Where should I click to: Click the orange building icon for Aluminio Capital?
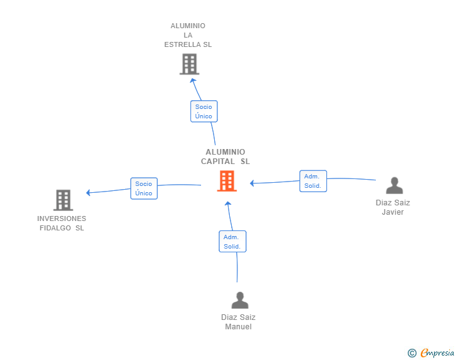(x=227, y=181)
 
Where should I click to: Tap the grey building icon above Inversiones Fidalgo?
(x=63, y=200)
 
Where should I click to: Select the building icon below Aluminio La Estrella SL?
(x=189, y=64)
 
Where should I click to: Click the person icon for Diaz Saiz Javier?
(x=395, y=185)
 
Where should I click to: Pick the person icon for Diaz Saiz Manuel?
(x=240, y=300)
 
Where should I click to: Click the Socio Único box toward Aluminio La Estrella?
(x=204, y=111)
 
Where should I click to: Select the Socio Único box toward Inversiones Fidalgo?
(x=144, y=188)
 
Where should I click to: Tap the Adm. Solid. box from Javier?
(x=313, y=181)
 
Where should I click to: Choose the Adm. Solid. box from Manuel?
(x=232, y=242)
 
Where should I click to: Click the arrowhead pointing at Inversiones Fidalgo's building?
(x=88, y=192)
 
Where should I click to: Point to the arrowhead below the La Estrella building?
(x=193, y=80)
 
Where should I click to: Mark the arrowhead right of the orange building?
(x=252, y=183)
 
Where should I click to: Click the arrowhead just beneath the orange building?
(x=228, y=203)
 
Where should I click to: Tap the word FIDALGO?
(x=55, y=228)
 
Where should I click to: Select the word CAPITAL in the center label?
(x=218, y=162)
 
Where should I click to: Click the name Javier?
(x=393, y=212)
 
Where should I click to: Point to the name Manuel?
(x=238, y=327)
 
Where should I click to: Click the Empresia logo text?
(x=437, y=353)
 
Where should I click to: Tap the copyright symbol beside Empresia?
(x=412, y=353)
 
